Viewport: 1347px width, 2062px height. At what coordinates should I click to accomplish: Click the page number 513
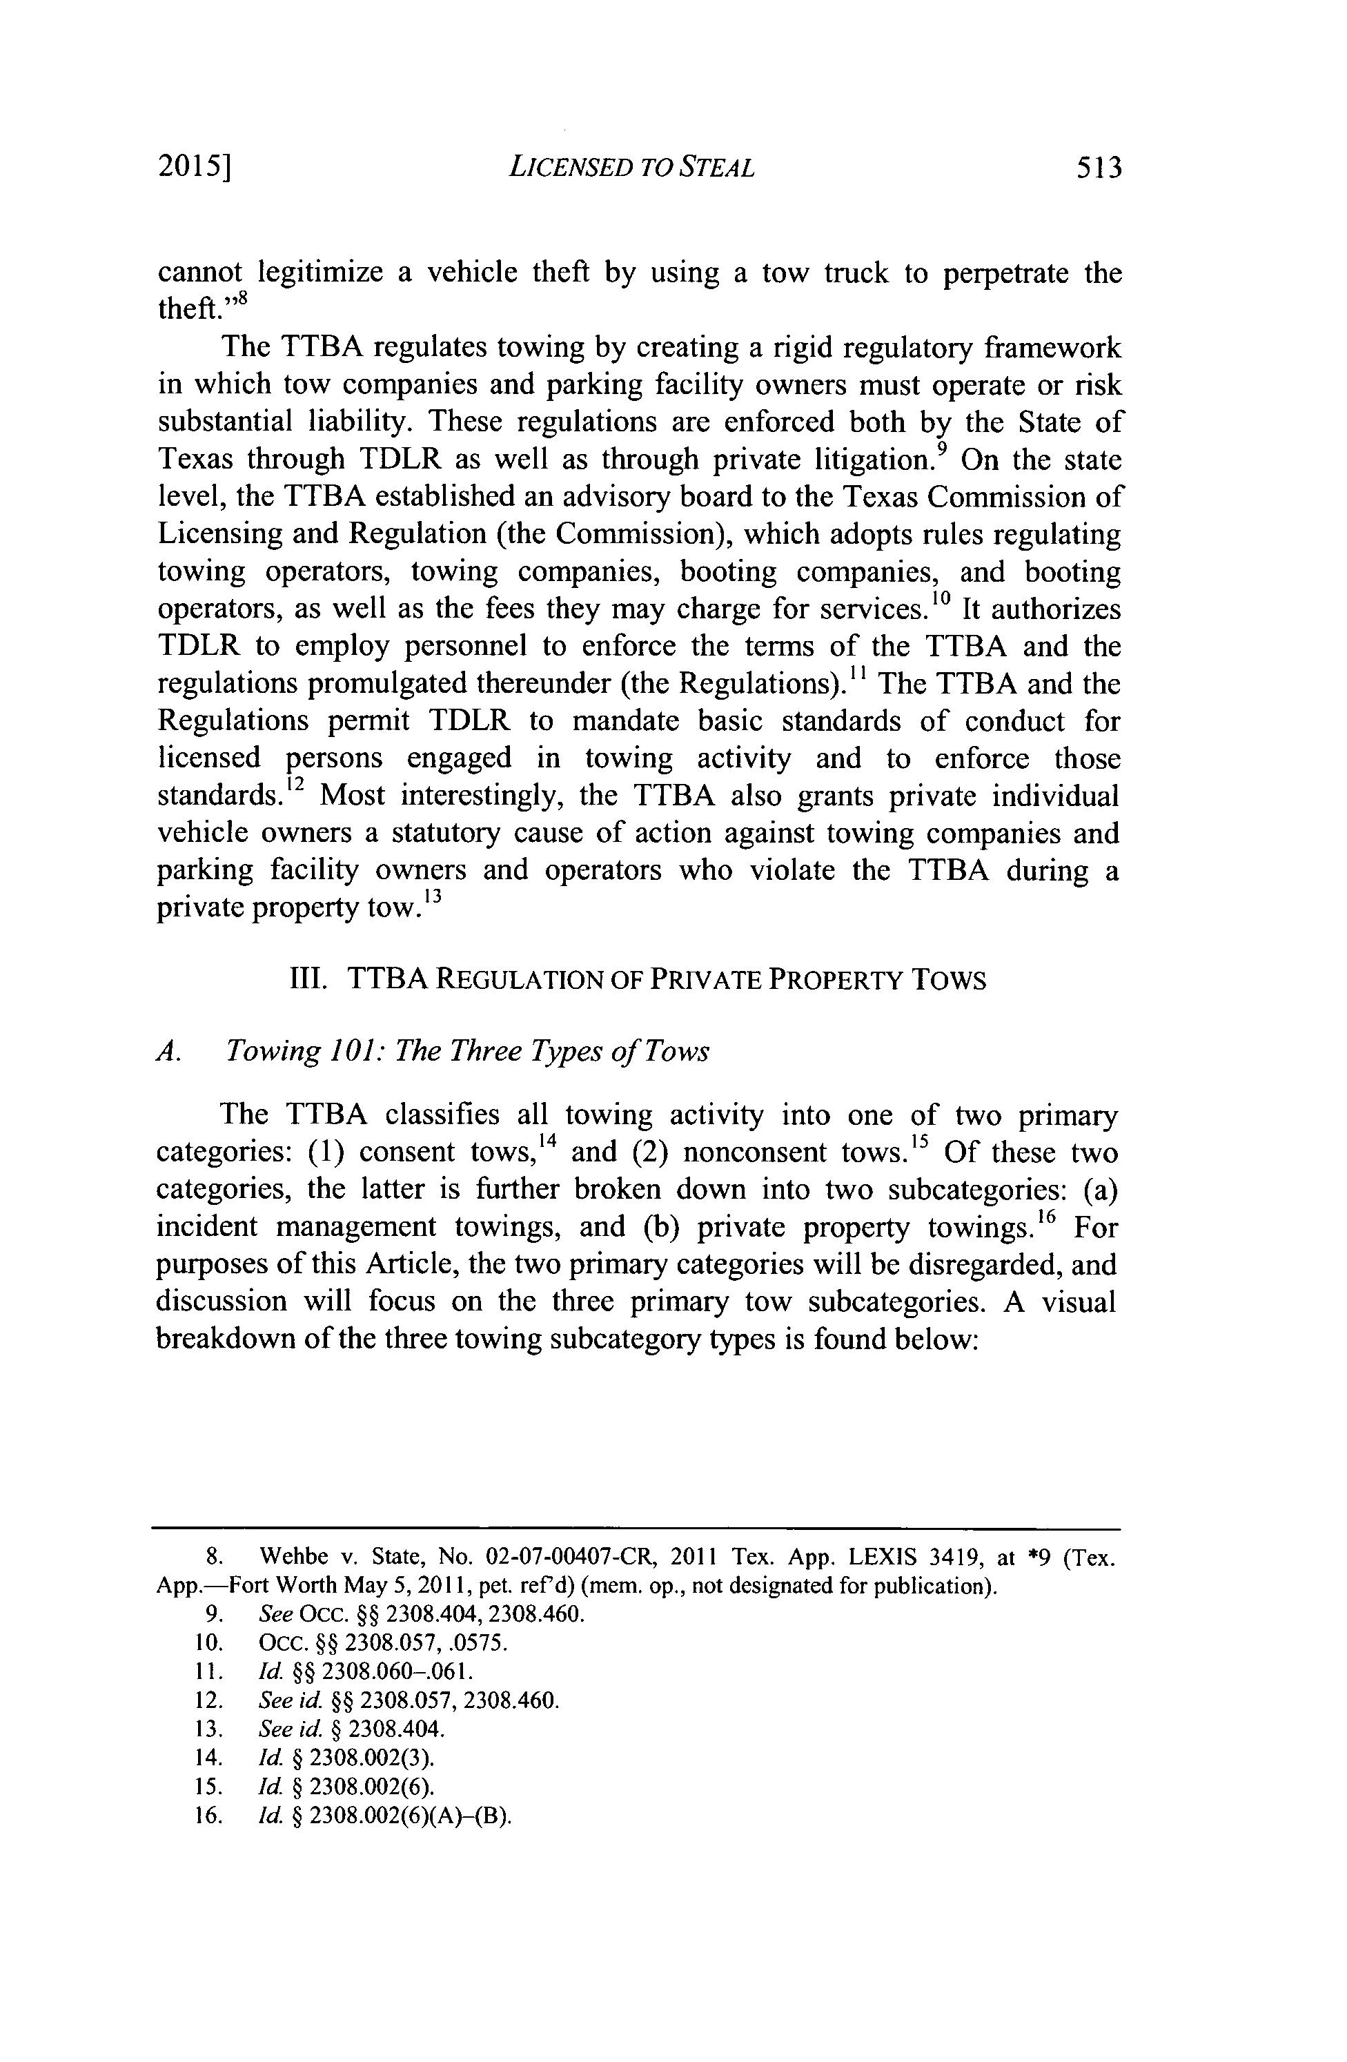pyautogui.click(x=1097, y=166)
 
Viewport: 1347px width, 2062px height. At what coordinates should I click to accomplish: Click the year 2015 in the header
pyautogui.click(x=194, y=166)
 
